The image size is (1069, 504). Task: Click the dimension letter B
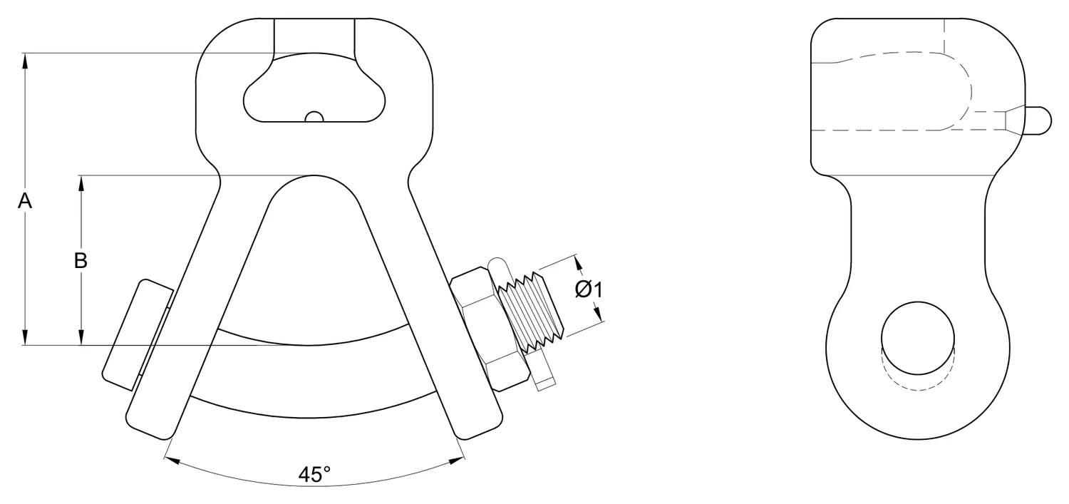(81, 261)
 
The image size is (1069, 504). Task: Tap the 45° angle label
(314, 474)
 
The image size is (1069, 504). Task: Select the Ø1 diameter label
(589, 289)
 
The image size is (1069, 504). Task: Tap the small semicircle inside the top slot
(314, 117)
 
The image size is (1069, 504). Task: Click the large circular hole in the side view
(918, 338)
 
